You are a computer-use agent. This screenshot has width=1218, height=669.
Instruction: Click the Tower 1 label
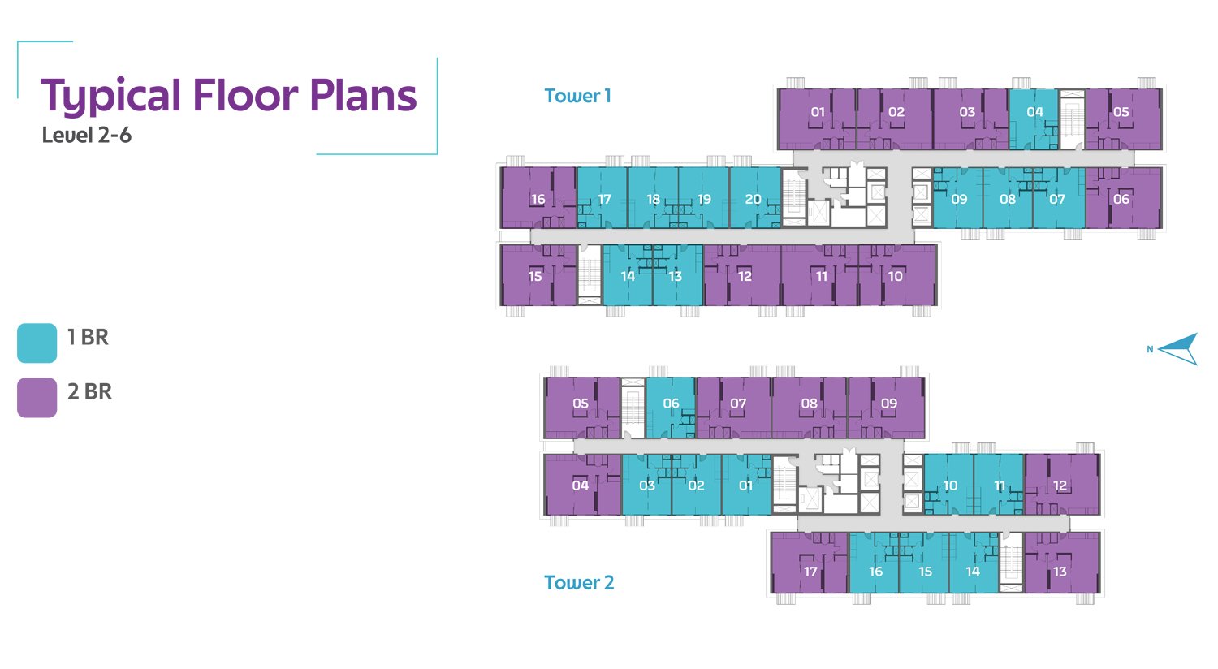point(577,96)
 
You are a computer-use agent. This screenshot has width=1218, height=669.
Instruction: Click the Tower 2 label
point(579,583)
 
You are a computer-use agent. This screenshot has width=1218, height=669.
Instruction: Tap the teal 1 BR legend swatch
point(37,343)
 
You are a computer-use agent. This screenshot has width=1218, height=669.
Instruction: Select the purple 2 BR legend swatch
point(37,398)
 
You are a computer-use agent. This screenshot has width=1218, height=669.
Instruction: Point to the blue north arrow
point(1177,349)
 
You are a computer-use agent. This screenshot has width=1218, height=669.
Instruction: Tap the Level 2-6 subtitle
point(86,136)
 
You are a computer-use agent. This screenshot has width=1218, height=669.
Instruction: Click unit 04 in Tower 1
point(1034,119)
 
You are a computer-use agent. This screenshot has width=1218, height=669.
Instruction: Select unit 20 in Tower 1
point(755,198)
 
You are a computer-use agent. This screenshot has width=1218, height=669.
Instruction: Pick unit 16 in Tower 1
point(538,198)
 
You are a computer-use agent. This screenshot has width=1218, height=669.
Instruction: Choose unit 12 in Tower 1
point(742,275)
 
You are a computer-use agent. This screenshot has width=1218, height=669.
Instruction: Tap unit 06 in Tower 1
point(1123,198)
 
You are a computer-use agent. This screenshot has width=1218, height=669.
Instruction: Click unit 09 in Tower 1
point(958,198)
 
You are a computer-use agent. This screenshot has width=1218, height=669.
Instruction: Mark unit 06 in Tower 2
point(671,408)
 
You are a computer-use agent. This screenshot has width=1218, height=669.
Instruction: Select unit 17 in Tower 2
point(810,563)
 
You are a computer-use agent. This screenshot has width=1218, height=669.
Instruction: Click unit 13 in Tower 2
point(1062,563)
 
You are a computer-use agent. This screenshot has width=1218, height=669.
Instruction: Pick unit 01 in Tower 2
point(746,485)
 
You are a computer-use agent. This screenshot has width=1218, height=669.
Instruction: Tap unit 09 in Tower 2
point(887,408)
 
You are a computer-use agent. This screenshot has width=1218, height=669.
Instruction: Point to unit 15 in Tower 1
point(538,275)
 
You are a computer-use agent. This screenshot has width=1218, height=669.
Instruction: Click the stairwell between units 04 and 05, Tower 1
point(1072,119)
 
